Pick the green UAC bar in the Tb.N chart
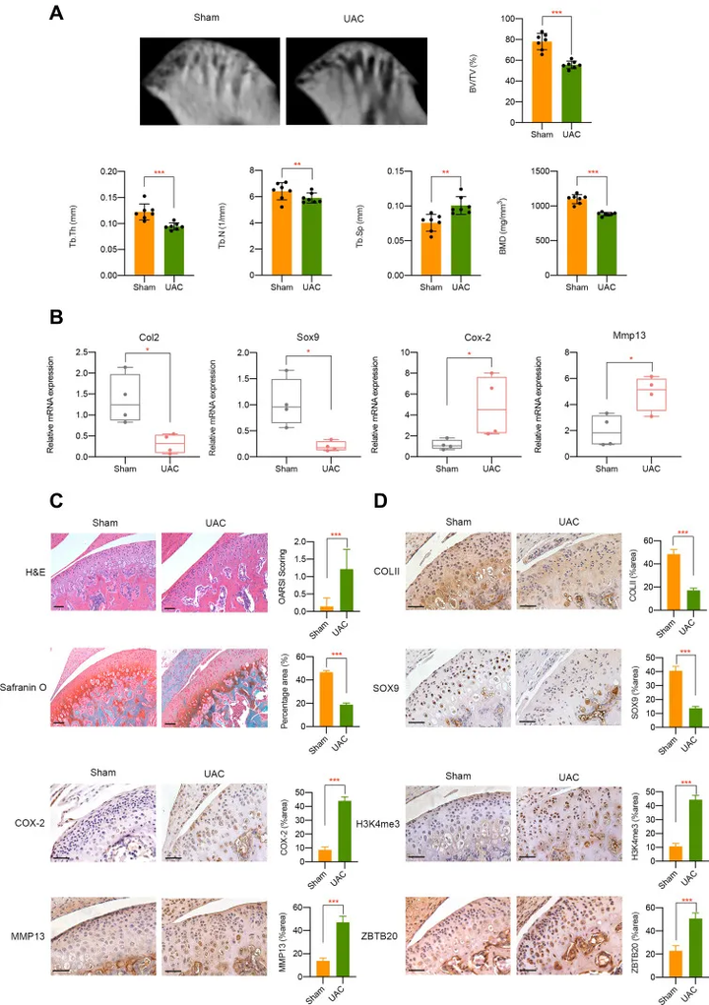point(311,238)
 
